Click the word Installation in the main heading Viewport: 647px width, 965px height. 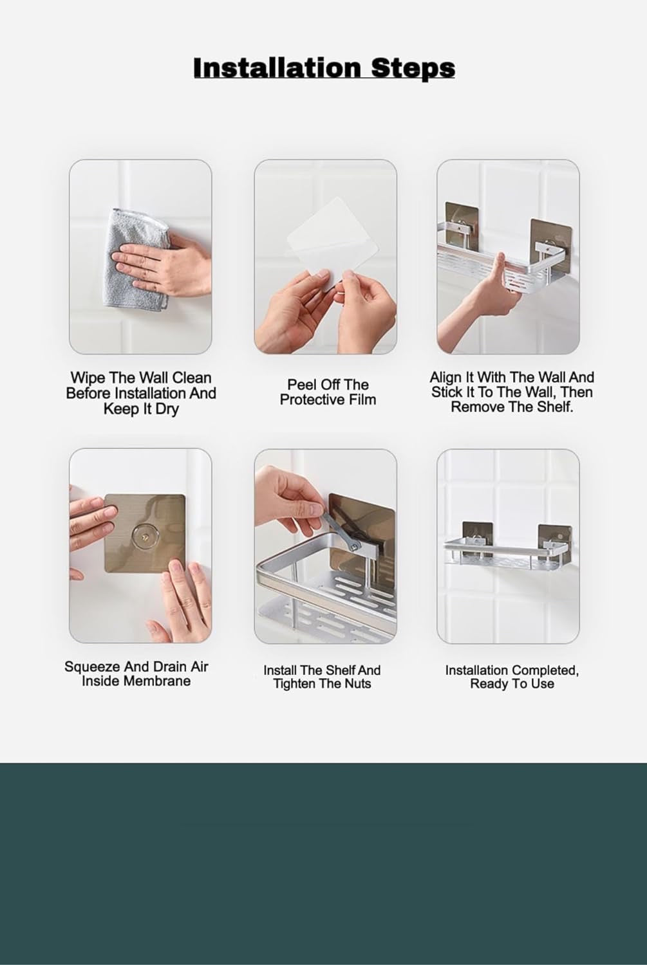click(x=277, y=68)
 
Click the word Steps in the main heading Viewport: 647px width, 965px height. click(x=413, y=68)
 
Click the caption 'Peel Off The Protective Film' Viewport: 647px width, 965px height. click(x=327, y=392)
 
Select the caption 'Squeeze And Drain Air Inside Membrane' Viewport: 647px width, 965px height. click(x=136, y=674)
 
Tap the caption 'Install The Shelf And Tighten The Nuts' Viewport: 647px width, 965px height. click(x=322, y=677)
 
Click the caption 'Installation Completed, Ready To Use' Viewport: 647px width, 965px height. click(x=512, y=677)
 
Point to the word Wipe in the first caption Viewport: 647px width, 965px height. click(x=87, y=378)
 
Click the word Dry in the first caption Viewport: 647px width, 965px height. click(x=166, y=409)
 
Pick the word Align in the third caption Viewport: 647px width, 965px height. click(x=446, y=377)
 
